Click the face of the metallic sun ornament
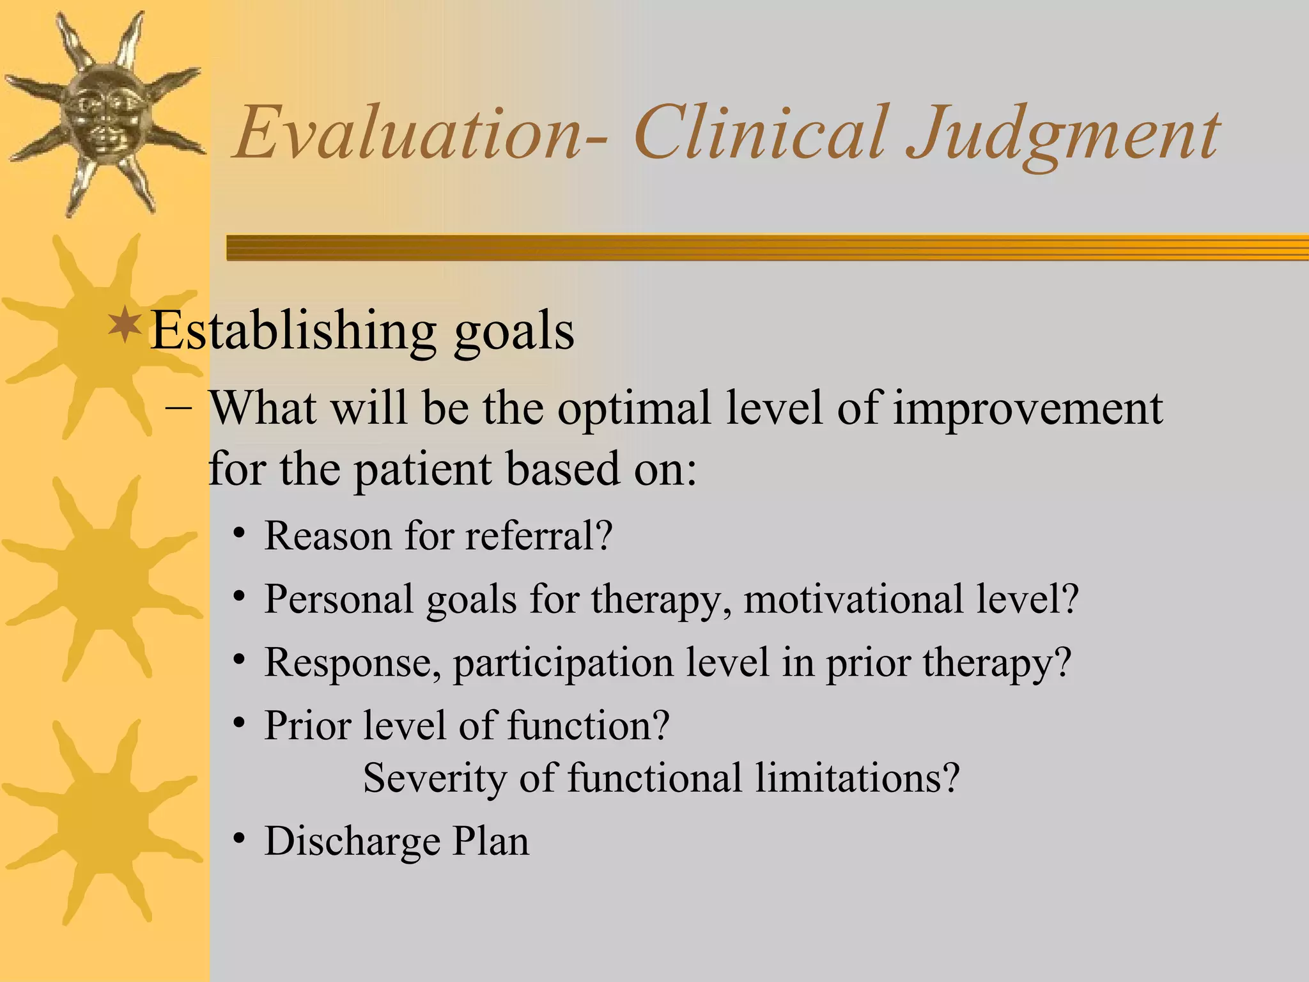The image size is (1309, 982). point(102,115)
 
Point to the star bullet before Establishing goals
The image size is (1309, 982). point(125,324)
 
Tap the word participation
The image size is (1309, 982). point(562,664)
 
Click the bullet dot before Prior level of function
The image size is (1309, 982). point(239,724)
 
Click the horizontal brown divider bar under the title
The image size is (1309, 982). point(767,247)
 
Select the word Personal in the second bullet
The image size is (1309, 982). point(339,600)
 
